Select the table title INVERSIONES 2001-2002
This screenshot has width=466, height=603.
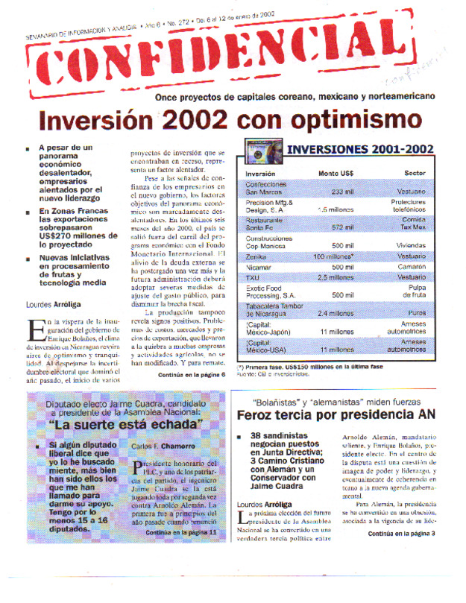tap(359, 149)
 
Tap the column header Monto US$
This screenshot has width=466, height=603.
tap(336, 174)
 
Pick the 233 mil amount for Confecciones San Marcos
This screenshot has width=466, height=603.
tap(342, 192)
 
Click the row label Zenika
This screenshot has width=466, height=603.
tap(256, 256)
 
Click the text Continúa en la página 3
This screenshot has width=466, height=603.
tap(401, 534)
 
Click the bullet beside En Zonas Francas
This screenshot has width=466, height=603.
tap(28, 212)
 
